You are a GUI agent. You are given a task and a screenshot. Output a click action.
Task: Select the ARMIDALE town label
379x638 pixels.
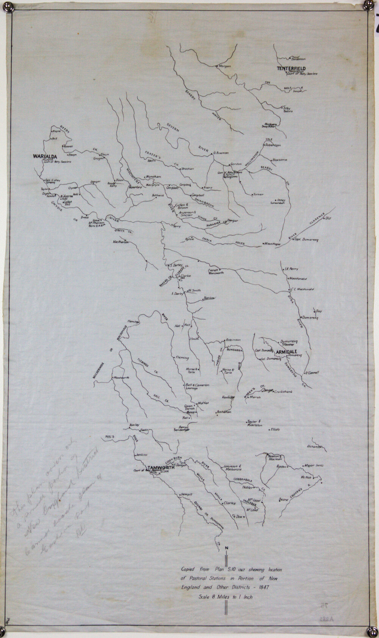[289, 351]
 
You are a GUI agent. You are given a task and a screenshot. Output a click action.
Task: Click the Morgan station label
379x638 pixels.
[225, 66]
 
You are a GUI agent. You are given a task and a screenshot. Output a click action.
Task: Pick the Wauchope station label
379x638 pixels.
[273, 244]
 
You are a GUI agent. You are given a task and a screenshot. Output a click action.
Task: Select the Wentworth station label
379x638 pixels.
[121, 378]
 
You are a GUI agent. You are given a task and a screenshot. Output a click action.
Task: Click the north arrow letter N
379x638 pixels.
[226, 548]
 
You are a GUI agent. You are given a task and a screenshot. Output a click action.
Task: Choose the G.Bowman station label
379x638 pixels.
[221, 153]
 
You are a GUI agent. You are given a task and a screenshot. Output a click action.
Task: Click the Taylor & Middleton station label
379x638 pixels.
[254, 423]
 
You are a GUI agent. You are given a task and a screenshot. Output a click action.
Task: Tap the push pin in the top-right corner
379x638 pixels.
[368, 5]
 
